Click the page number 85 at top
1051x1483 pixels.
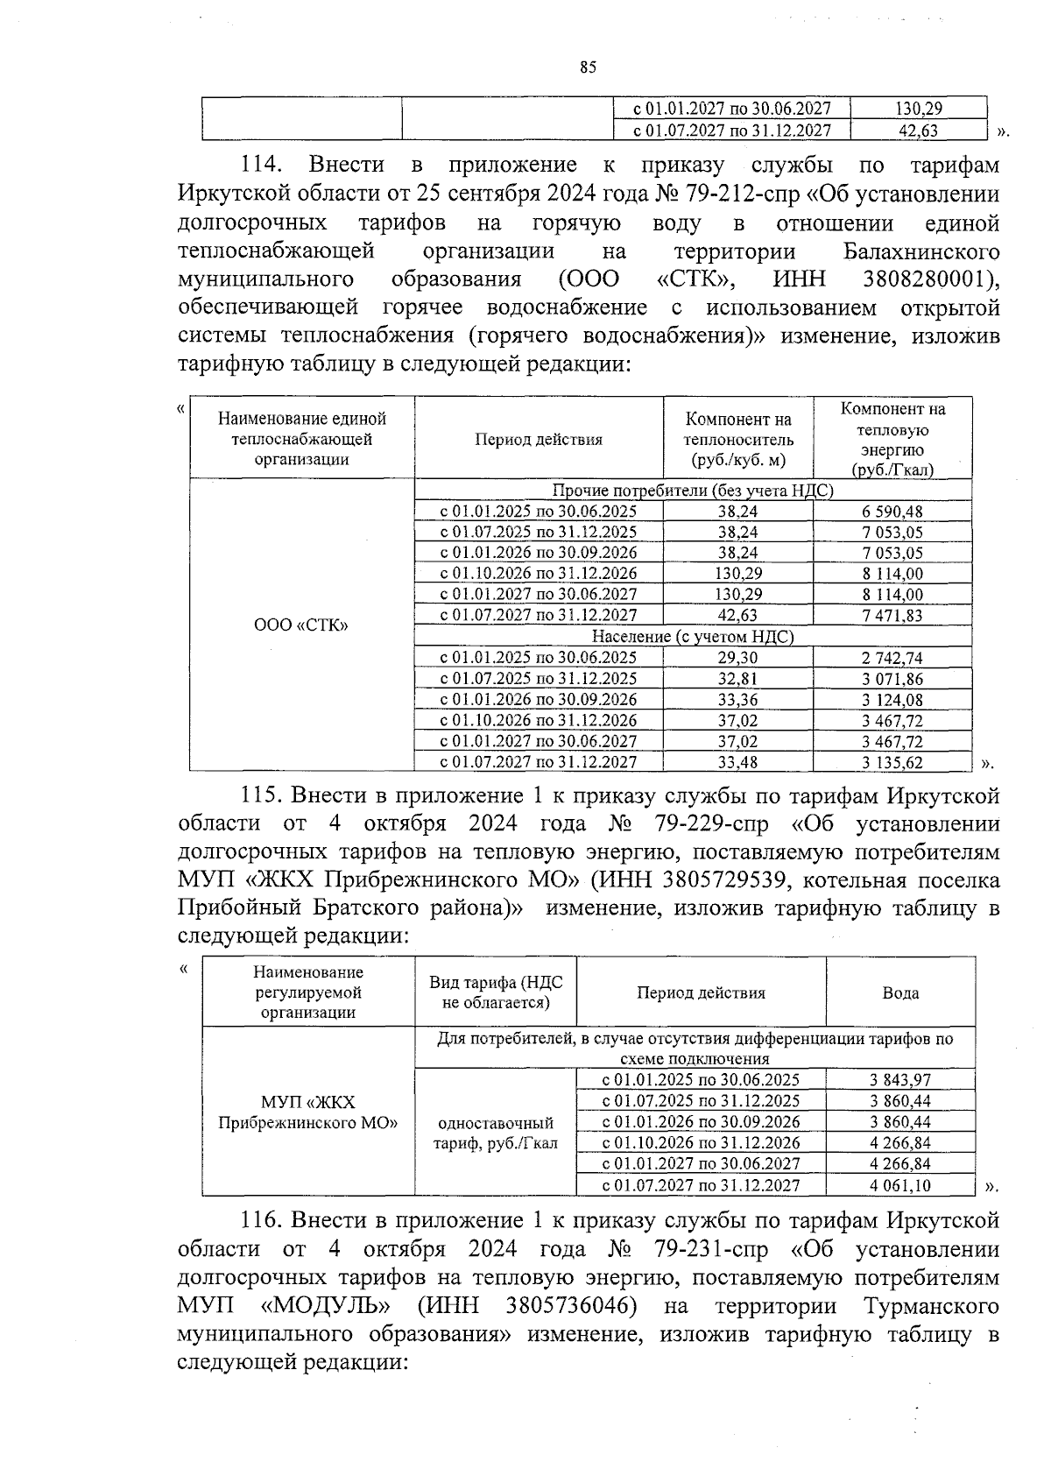pos(588,67)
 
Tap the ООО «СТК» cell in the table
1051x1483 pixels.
pos(300,625)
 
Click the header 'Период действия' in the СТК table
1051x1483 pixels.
pos(538,440)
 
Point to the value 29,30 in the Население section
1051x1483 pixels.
pos(737,658)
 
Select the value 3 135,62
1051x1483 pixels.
pos(892,762)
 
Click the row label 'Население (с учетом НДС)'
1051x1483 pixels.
pos(692,637)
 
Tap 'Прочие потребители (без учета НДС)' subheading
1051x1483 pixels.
pos(692,491)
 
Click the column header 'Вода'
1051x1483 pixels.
pos(899,992)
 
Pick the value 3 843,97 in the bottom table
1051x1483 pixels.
pos(899,1081)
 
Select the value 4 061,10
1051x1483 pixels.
pos(899,1186)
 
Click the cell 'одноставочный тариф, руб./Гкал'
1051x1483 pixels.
pos(495,1133)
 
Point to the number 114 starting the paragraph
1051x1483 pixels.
pos(260,165)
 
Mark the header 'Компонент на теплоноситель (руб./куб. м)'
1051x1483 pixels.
pos(737,440)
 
